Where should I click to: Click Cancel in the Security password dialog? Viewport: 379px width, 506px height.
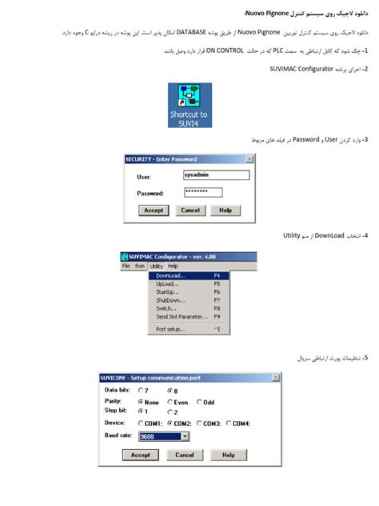click(189, 211)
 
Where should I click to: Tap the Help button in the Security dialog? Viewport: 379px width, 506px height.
click(225, 211)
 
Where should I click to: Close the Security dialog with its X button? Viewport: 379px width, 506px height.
click(250, 159)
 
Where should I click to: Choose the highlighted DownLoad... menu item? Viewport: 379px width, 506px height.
click(188, 275)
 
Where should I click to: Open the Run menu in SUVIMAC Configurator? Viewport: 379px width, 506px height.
click(140, 265)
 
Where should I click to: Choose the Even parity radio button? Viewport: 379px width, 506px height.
click(170, 402)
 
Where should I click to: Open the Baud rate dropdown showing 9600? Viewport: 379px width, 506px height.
click(185, 436)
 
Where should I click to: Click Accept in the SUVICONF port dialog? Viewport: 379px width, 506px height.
click(140, 455)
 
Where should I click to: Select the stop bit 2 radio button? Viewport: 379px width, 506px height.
click(170, 412)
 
